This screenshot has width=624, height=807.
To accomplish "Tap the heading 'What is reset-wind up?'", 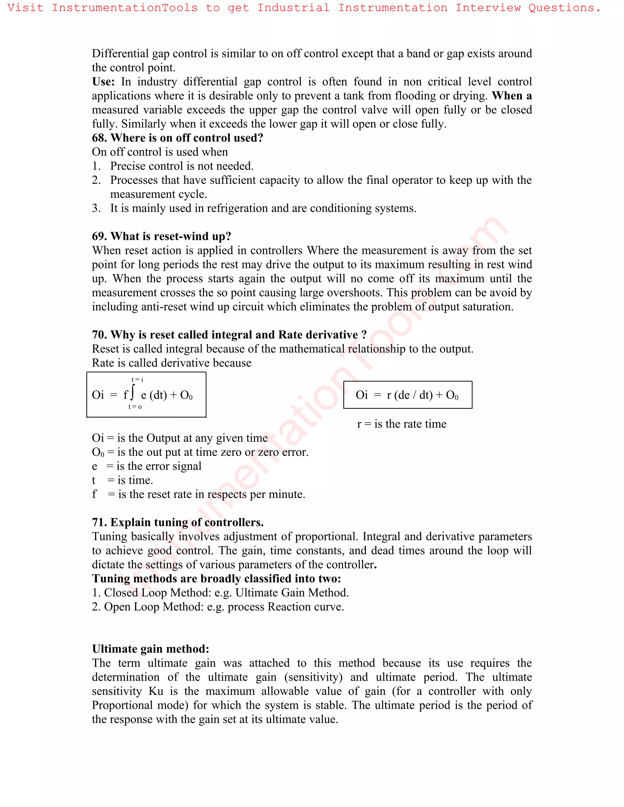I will point(171,236).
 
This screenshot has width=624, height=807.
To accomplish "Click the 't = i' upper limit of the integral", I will point(137,379).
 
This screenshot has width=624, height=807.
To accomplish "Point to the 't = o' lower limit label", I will point(135,407).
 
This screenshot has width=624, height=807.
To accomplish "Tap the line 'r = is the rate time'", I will point(402,424).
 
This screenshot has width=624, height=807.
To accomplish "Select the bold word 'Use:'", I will point(103,82).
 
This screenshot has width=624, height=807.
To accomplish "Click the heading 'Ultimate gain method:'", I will point(151,649).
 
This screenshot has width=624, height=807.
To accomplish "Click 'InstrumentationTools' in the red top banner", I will point(125,8).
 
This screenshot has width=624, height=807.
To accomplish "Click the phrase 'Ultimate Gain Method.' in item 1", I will point(292,593).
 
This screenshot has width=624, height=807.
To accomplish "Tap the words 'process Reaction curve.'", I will point(285,607).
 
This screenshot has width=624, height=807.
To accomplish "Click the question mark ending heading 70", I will point(364,335).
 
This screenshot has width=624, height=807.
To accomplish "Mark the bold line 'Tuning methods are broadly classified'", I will point(216,579).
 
